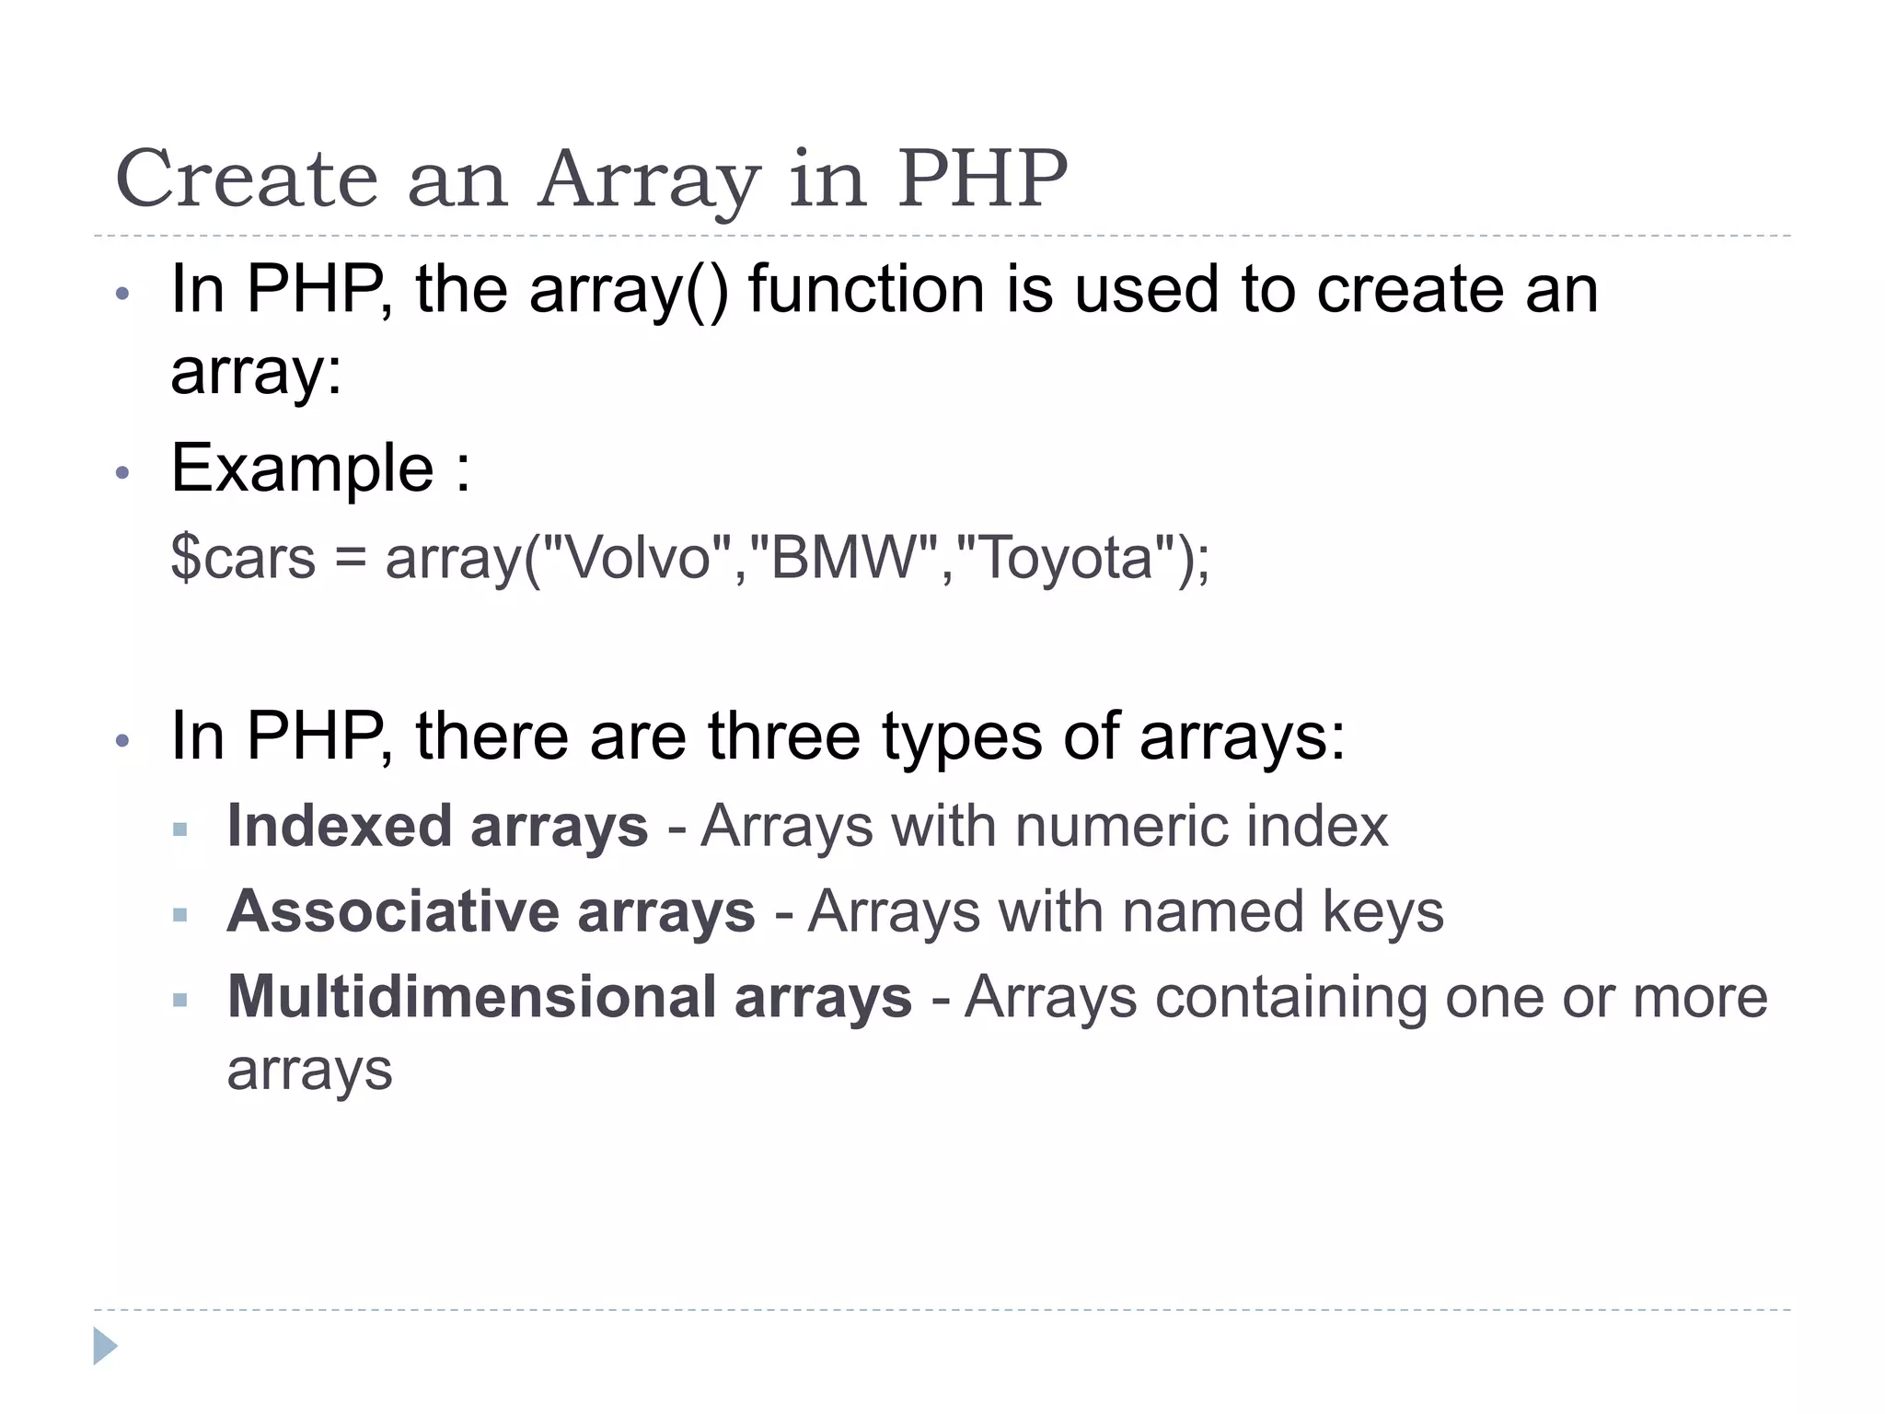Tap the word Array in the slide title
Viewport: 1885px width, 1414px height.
tap(650, 180)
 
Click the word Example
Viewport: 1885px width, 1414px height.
tap(302, 469)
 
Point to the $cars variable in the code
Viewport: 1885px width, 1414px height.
tap(243, 558)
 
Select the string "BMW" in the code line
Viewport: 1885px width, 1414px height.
tap(846, 558)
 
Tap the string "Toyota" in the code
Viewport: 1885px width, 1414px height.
tap(1067, 558)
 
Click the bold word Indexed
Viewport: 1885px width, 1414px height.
tap(339, 826)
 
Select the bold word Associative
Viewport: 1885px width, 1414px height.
tap(392, 911)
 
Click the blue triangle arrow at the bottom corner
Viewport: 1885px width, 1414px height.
tap(105, 1346)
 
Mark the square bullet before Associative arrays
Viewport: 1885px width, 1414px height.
tap(180, 915)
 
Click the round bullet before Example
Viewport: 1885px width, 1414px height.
tap(122, 473)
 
